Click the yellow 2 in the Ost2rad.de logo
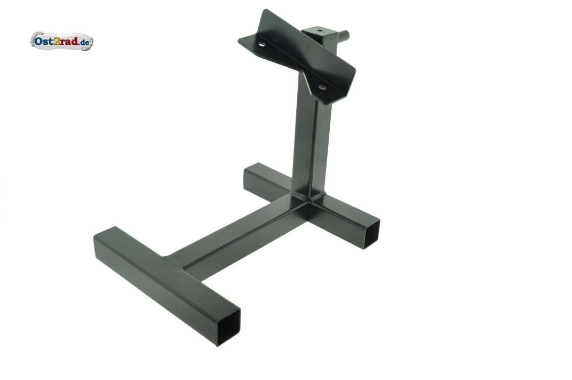(57, 41)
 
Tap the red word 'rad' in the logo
(69, 41)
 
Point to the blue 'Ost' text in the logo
(44, 41)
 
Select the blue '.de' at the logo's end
(84, 42)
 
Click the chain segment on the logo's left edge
(33, 41)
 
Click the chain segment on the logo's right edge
(91, 42)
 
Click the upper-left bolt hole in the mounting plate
(262, 44)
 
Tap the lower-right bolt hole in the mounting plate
(322, 87)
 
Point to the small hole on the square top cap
(320, 30)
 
